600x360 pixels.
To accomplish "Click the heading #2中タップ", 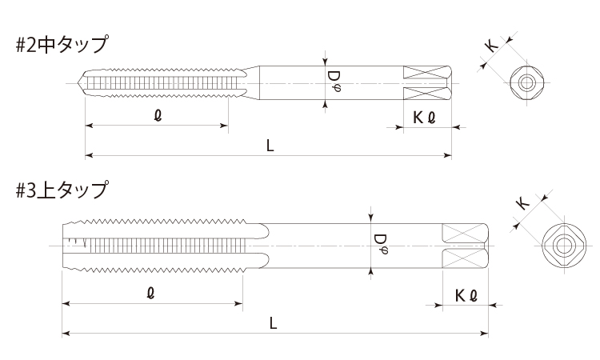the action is tap(62, 44).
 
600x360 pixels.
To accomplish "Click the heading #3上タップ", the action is tap(62, 190).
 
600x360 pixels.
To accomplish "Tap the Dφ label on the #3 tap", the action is tap(380, 245).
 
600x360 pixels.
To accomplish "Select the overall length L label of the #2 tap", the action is tap(270, 146).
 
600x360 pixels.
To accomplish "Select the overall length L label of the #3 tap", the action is tap(273, 324).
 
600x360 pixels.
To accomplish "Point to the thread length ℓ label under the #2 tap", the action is tap(158, 115).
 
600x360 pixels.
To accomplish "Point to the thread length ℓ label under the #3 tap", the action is tap(151, 294).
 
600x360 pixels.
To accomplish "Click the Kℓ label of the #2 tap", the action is tap(424, 118).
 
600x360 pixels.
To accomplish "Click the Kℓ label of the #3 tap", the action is tap(466, 296).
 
